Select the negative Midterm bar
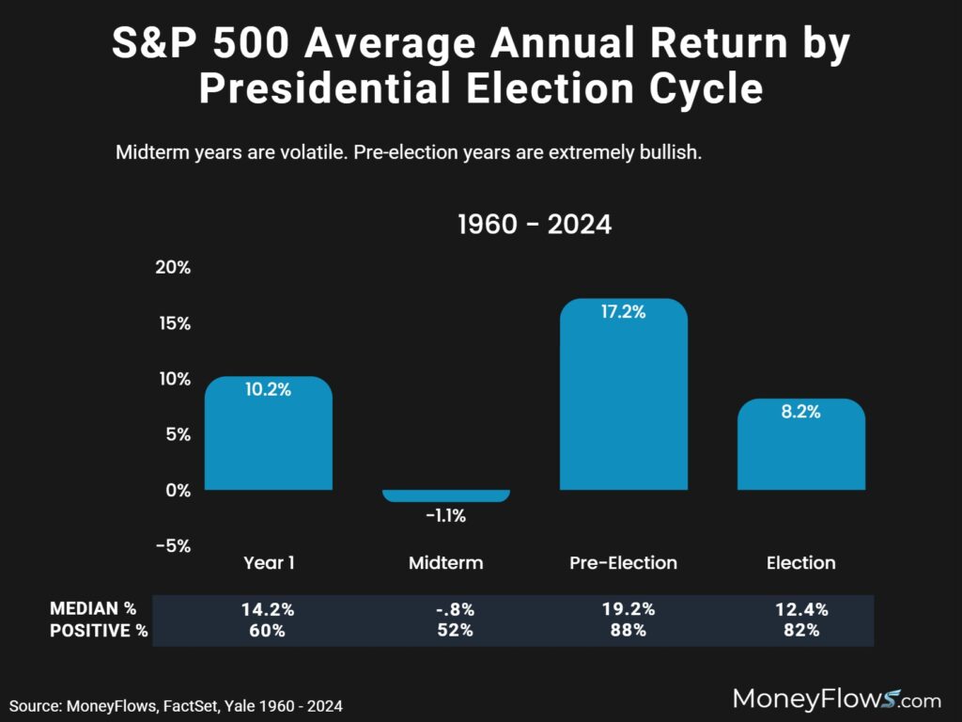445,495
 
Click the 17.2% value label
624,312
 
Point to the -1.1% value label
445,515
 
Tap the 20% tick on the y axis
173,267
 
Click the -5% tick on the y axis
173,545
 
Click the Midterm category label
445,563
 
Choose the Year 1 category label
268,563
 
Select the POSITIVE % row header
98,631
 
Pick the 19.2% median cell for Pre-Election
624,609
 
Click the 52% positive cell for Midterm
445,631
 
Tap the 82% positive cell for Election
800,631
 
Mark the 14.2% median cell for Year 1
268,609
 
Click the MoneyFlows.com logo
836,698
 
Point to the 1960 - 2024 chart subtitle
534,226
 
